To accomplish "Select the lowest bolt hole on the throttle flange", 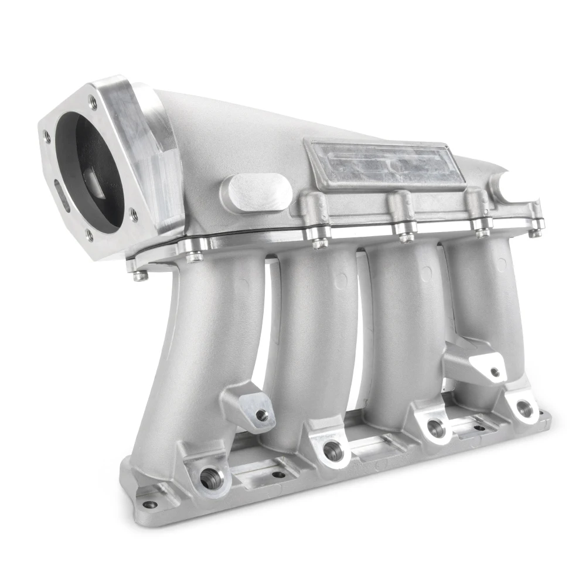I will (90, 236).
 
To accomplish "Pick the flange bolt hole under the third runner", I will (434, 426).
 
